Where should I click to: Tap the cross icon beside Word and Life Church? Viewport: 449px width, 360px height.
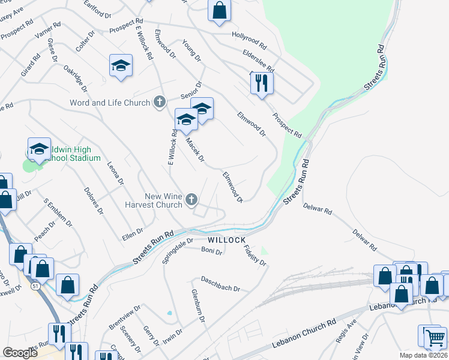(160, 103)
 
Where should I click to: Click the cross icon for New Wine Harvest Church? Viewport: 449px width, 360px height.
(192, 200)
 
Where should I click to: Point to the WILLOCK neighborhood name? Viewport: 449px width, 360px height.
(228, 239)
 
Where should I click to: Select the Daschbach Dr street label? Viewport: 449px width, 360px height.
(220, 284)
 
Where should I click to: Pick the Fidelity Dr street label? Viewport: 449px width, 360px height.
(255, 254)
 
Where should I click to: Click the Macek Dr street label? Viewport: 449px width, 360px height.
(195, 150)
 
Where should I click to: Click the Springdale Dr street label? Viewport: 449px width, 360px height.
(178, 251)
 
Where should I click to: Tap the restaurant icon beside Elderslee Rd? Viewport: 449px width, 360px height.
(261, 82)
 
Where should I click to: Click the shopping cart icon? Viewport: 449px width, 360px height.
(435, 337)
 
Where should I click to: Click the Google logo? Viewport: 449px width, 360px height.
(20, 352)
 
